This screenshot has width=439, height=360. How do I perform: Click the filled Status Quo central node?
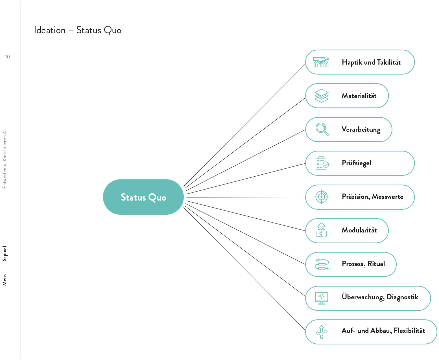143,197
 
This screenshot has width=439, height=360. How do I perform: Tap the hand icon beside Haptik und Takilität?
321,62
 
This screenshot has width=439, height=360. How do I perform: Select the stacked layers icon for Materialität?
321,96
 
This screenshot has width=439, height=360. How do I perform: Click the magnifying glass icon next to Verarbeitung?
322,129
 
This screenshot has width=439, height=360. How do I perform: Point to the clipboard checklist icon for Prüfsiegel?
322,163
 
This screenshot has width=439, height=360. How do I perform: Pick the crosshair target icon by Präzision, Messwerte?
321,197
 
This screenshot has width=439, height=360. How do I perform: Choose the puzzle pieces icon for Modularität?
321,230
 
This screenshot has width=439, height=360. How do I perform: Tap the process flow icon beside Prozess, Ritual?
322,264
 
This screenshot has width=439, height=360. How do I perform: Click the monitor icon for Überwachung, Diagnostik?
321,298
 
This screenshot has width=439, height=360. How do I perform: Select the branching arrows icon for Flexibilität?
321,332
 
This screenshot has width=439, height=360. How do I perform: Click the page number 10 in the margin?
7,57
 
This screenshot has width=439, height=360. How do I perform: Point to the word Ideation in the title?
50,30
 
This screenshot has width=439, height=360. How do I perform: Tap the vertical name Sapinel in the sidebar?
4,253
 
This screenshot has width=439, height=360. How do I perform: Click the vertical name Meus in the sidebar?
4,280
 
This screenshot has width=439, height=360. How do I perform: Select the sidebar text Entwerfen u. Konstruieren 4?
4,160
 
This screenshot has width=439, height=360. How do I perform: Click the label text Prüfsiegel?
356,163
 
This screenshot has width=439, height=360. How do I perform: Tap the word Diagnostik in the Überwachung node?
402,297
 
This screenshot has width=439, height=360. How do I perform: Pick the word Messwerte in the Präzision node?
387,197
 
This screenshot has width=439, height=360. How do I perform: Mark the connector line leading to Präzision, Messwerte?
246,197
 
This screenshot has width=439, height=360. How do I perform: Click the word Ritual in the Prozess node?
376,264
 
